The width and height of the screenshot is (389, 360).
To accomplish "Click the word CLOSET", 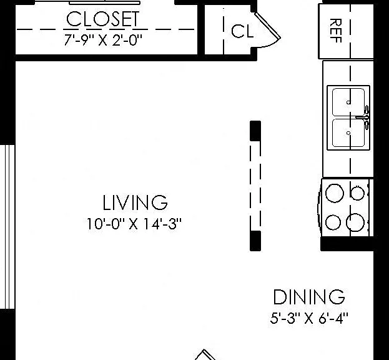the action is [102, 19].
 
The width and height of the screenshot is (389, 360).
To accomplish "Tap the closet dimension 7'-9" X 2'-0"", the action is [103, 40].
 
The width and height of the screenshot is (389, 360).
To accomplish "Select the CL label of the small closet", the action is [242, 31].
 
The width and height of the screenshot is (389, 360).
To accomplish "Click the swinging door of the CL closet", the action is [267, 26].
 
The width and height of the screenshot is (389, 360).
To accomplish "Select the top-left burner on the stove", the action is [335, 193].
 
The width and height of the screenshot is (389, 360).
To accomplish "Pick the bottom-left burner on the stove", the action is [333, 222].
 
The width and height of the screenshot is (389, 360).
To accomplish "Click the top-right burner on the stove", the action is [358, 193].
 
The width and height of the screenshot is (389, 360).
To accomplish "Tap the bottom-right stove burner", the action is [355, 222].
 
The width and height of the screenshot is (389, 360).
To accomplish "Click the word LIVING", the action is [135, 202].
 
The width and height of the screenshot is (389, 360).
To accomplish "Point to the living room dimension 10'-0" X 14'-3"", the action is [134, 224].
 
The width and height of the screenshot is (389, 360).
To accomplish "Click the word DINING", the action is [309, 297].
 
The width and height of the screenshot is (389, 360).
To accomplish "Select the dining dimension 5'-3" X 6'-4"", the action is [309, 318].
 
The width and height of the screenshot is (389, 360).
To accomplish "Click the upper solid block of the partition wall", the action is [255, 131].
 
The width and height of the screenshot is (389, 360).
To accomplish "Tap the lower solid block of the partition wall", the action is [255, 241].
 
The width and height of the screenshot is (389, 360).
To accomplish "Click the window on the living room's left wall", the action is [7, 227].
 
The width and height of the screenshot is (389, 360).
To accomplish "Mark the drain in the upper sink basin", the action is [348, 102].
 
